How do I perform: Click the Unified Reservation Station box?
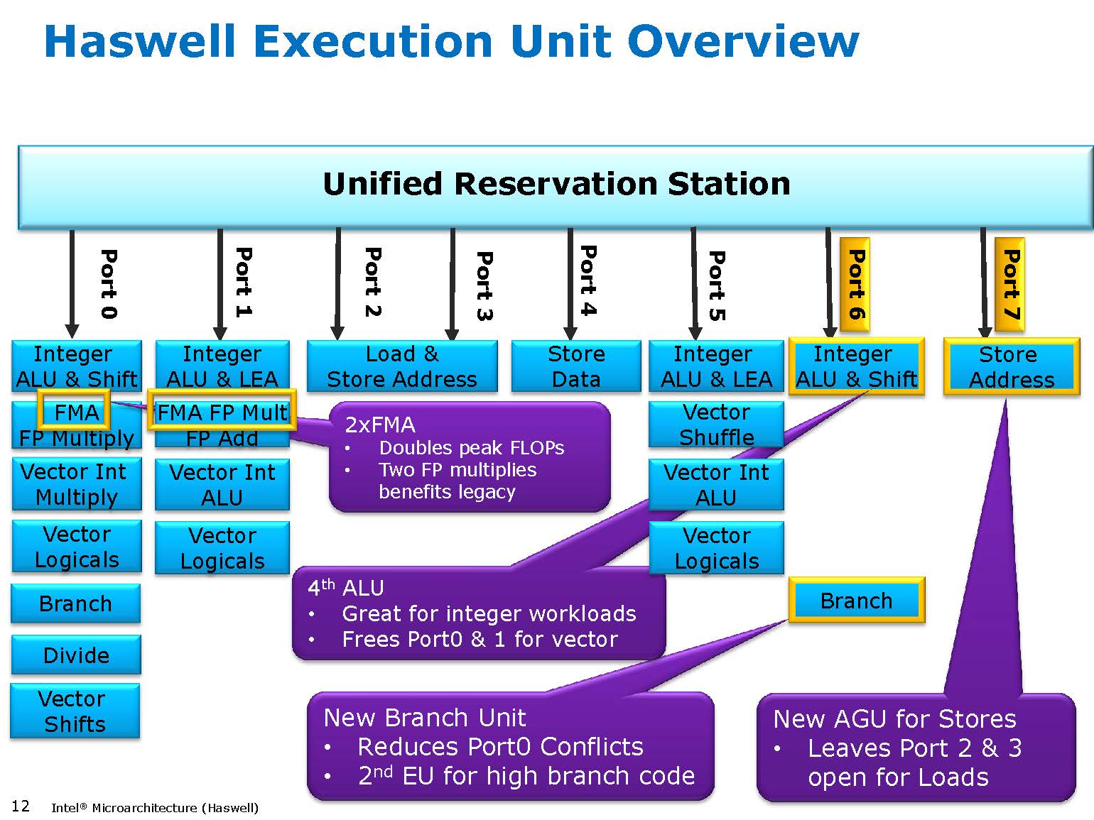coord(556,187)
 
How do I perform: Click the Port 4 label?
coord(587,280)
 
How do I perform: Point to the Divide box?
coord(76,655)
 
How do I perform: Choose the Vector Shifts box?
coord(75,711)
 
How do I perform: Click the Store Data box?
coord(575,366)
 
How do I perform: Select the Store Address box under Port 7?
coord(1011,367)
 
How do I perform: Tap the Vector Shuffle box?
coord(716,425)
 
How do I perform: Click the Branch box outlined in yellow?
coord(856,601)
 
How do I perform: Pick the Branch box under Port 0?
coord(75,603)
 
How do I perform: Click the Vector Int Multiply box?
coord(76,484)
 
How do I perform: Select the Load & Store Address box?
coord(401,366)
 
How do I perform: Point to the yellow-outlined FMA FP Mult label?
coord(222,411)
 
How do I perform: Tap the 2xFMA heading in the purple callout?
coord(380,425)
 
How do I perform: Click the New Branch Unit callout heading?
coord(424,718)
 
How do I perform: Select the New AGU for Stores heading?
coord(894,719)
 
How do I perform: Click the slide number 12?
coord(21,806)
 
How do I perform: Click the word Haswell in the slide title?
coord(139,41)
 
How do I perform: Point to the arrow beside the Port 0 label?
coord(72,284)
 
